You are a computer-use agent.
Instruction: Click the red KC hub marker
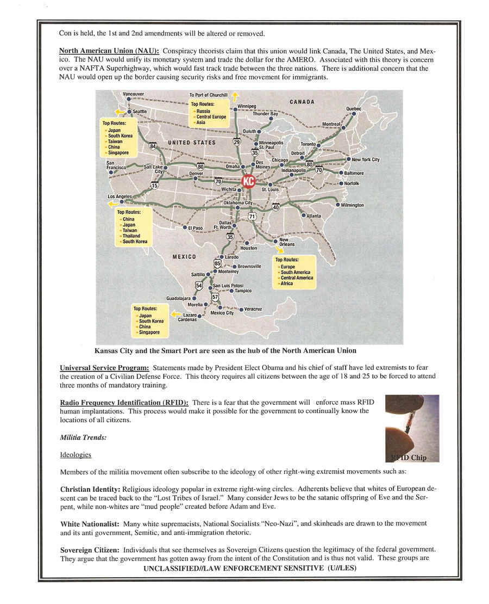point(248,181)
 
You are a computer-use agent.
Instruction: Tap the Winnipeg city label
point(246,106)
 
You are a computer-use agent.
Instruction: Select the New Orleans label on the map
point(287,242)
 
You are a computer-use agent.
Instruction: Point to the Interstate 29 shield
point(236,142)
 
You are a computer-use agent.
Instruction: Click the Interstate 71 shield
point(252,216)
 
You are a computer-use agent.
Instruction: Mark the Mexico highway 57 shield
point(215,297)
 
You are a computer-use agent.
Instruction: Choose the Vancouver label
point(133,94)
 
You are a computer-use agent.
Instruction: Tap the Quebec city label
point(353,109)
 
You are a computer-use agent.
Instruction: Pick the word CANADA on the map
point(302,102)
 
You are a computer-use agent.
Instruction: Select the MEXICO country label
point(184,256)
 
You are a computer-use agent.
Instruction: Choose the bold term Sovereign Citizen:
point(90,550)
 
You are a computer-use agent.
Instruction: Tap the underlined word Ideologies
point(76,454)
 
